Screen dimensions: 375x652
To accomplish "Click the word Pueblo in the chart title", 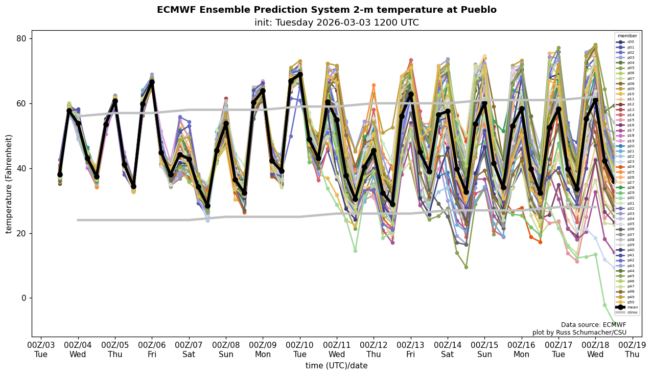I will tap(479, 10).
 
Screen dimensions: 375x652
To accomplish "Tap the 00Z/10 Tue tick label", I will tap(300, 350).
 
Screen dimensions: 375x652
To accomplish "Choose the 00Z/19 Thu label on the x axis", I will tap(633, 350).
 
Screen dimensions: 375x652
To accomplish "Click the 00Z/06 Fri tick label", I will tap(152, 350).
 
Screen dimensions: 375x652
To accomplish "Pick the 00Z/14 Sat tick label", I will tap(448, 350).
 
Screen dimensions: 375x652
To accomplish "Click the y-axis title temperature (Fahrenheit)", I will tap(9, 184).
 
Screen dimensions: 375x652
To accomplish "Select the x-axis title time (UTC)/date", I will tap(336, 366).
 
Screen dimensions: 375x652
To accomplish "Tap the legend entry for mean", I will tap(631, 307).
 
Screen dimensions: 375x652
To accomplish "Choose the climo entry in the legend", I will tap(631, 312).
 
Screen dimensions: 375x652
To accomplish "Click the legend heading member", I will tap(627, 36).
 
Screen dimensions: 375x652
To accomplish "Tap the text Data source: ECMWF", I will tap(593, 325).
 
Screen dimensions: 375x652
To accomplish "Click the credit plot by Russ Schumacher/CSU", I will tap(579, 333).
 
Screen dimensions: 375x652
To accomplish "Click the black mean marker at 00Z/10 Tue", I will tap(300, 74).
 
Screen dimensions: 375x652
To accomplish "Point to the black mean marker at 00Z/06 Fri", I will tap(152, 82).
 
